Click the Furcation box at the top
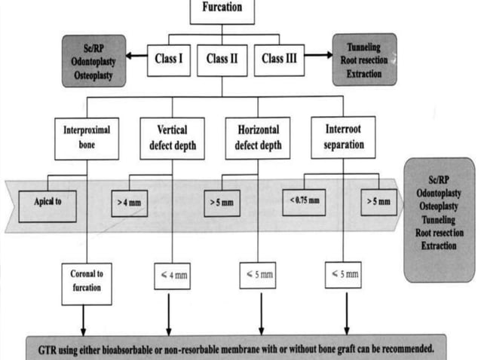point(222,10)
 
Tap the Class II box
point(222,59)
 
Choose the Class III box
point(278,59)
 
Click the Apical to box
point(47,203)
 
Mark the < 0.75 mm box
point(304,202)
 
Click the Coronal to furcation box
point(87,282)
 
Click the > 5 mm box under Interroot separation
point(378,202)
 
